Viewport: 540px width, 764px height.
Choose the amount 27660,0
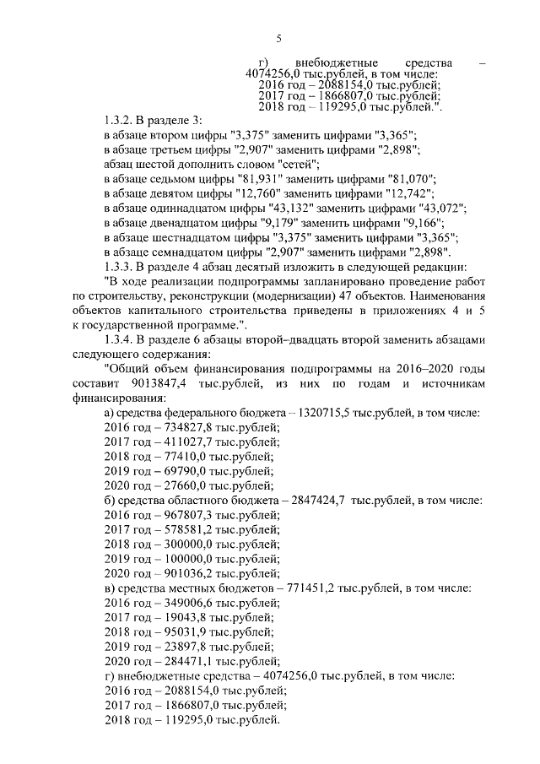[162, 486]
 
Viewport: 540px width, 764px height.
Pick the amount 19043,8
[162, 617]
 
